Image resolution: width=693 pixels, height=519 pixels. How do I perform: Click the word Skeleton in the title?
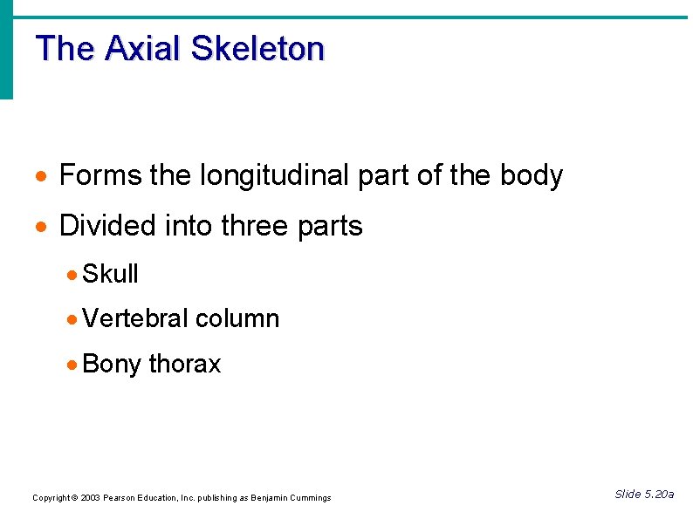(x=257, y=48)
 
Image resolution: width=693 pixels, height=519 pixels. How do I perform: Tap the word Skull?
(x=110, y=274)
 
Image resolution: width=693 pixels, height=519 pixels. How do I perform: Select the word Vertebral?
(x=135, y=318)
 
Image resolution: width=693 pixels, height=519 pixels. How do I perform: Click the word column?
(x=237, y=318)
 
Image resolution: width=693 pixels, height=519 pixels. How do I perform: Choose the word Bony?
(x=112, y=363)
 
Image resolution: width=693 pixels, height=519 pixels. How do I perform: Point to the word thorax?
(x=185, y=363)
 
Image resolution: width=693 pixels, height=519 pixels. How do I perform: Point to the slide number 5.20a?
(x=657, y=495)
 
